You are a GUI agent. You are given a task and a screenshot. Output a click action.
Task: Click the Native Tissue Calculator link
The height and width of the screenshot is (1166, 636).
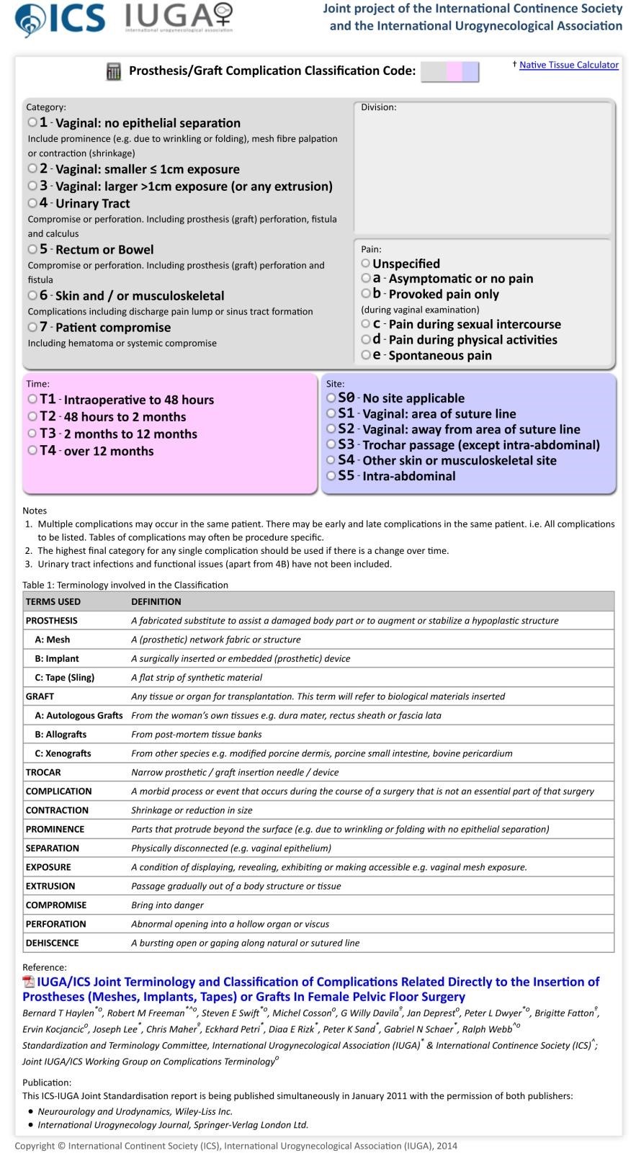568,65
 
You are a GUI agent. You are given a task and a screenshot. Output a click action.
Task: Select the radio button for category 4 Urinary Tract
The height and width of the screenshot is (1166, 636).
32,203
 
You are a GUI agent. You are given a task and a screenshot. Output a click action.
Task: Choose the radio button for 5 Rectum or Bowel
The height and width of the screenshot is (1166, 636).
32,249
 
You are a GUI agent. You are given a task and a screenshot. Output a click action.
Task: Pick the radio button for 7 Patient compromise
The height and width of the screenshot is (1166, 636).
32,327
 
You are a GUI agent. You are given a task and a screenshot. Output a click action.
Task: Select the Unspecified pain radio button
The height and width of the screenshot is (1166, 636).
366,264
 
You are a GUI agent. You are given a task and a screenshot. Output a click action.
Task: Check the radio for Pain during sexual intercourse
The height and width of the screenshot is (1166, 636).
366,324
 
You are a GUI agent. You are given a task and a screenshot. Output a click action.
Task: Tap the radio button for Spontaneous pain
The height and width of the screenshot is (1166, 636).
366,355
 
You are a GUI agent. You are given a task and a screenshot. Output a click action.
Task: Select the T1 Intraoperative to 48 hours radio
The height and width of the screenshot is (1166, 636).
32,399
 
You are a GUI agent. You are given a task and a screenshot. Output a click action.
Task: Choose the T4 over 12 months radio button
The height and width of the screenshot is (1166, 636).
32,451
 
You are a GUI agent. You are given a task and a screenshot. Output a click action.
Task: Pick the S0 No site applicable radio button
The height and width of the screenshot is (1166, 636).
331,398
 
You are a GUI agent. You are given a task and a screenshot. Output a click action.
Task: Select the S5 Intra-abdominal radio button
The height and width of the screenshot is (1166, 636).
331,475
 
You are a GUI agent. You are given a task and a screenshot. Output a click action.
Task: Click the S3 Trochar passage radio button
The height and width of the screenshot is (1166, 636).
331,444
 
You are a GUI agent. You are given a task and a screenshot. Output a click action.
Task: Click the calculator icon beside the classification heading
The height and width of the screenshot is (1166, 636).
114,71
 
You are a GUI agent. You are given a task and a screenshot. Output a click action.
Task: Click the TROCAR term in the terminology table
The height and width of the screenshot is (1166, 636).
43,772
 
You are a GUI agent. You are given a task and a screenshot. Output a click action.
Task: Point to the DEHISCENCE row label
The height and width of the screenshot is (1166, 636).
53,943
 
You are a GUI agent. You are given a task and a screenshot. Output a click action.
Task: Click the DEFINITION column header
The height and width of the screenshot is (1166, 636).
156,601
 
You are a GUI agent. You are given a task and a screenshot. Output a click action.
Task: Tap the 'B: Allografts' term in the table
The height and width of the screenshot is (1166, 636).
61,735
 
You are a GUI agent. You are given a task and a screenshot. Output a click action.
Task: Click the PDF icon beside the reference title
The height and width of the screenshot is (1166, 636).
29,982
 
